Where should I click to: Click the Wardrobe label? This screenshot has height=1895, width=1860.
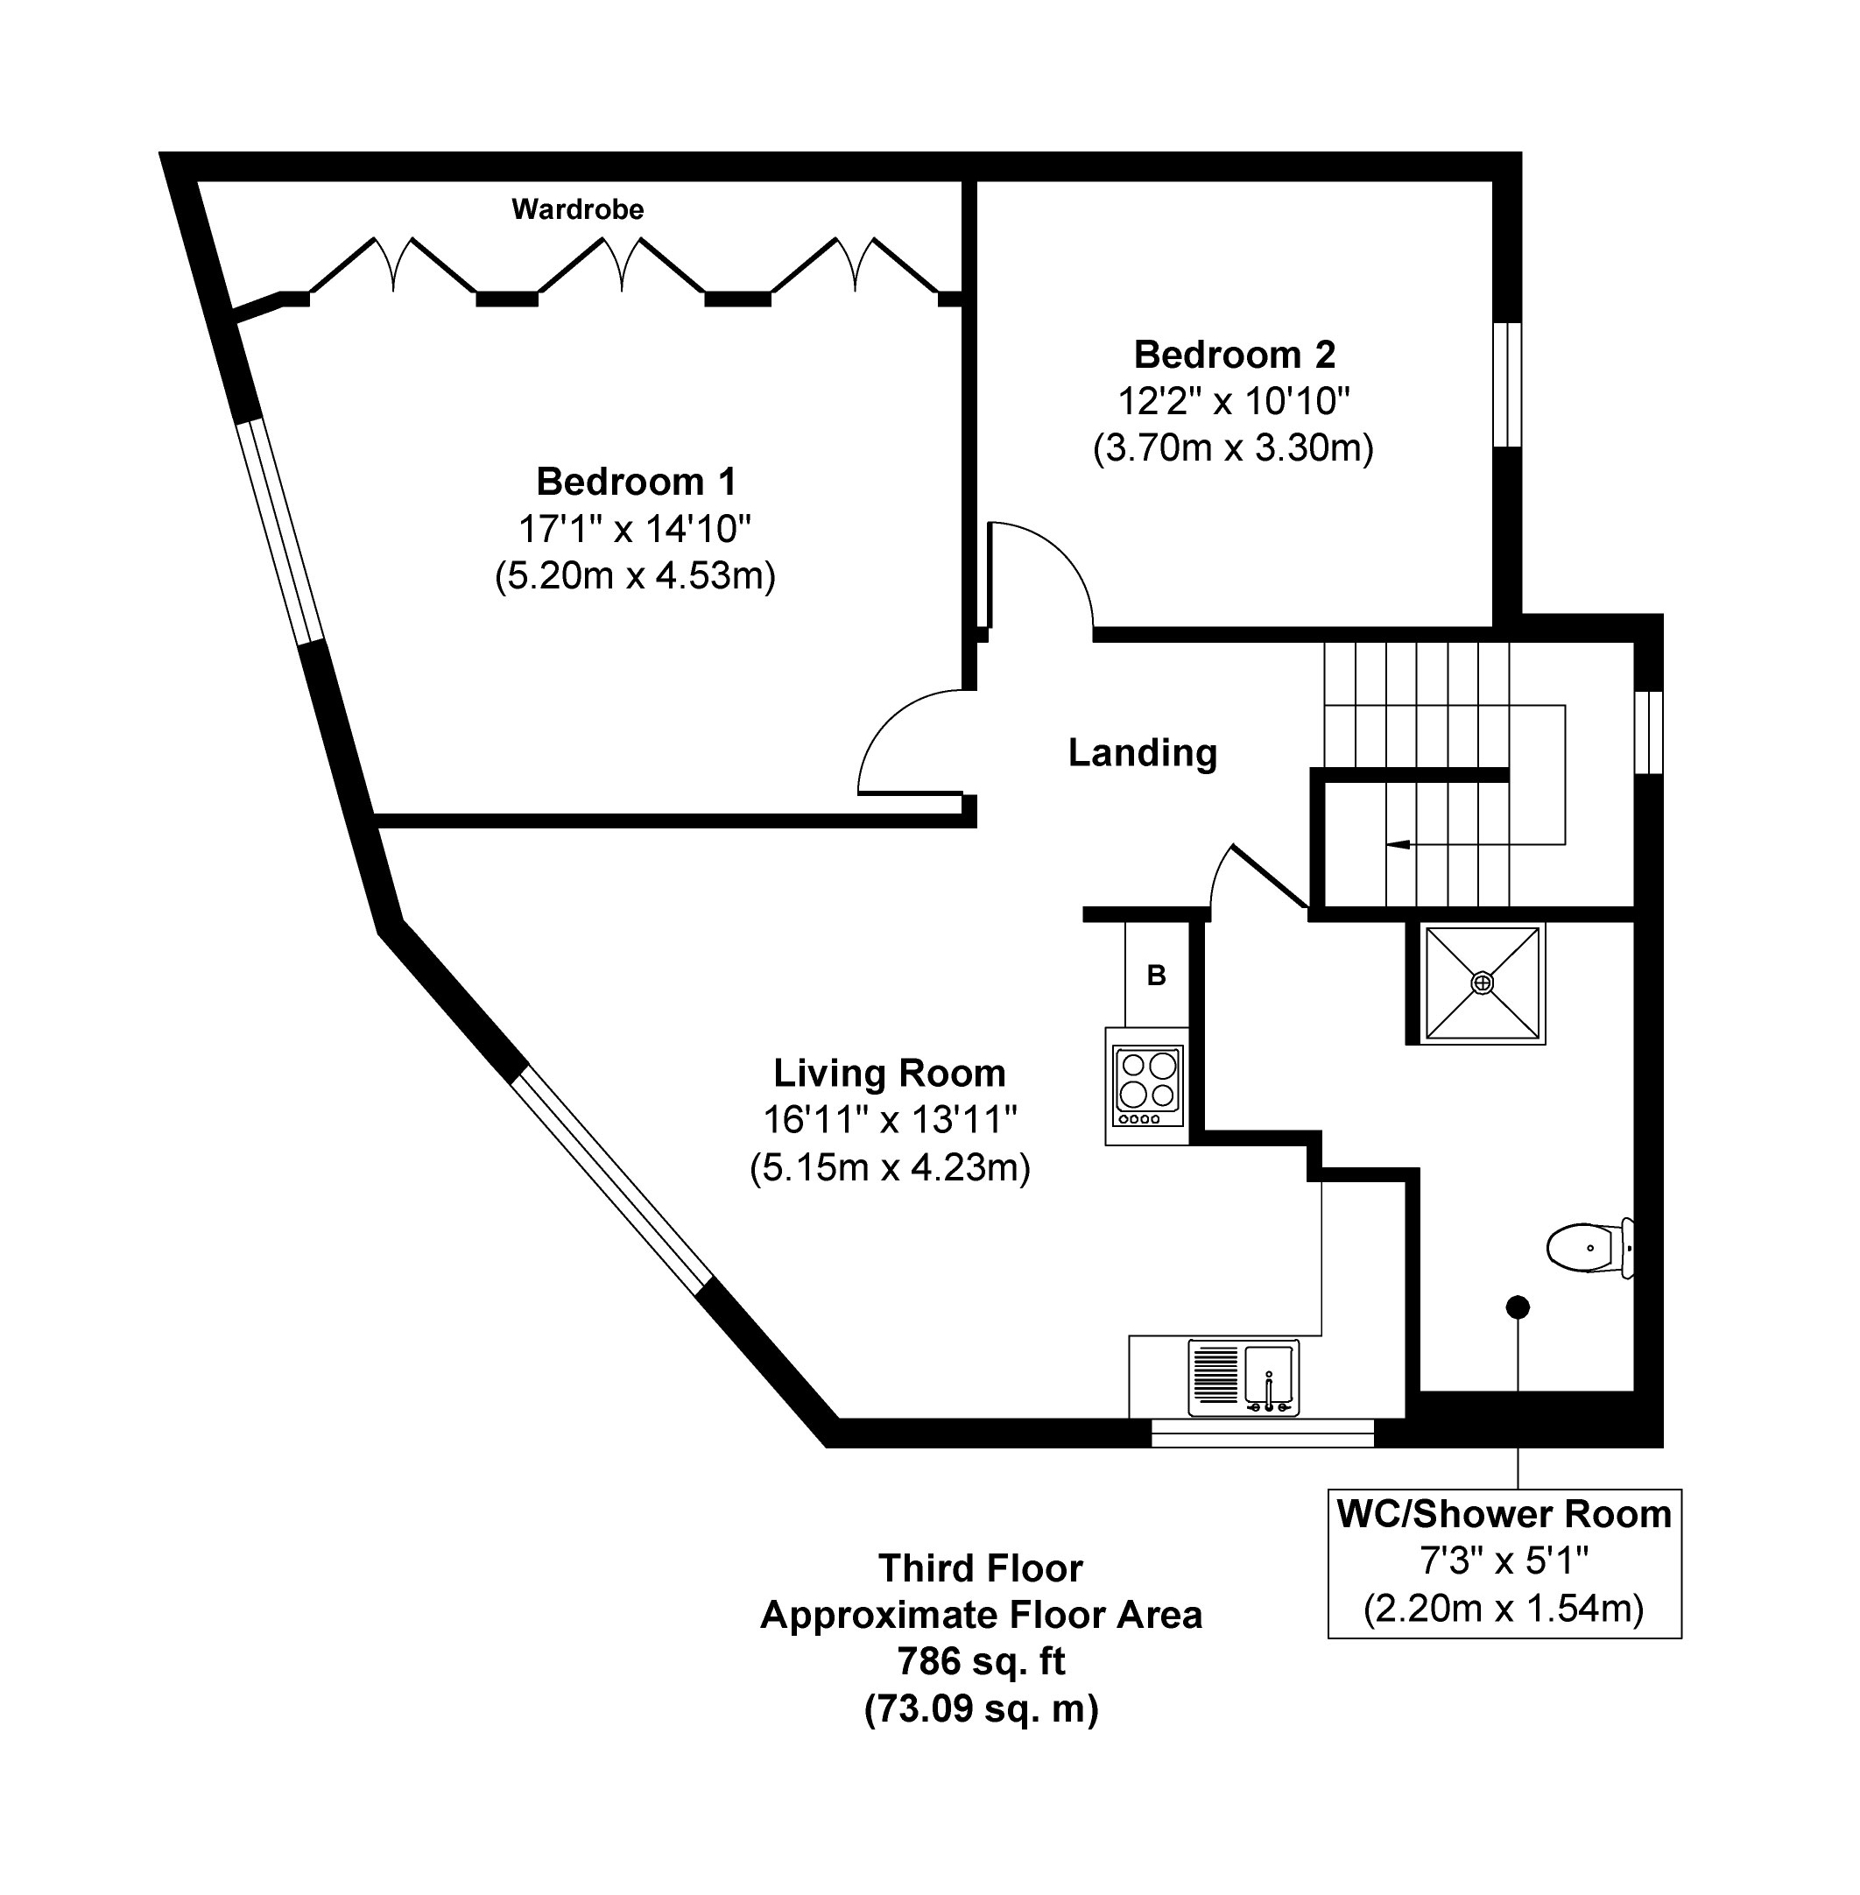click(x=577, y=209)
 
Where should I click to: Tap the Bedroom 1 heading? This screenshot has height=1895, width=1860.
click(x=636, y=482)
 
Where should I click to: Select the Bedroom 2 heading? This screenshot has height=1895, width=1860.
click(x=1234, y=354)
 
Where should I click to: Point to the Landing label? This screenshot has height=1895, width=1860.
click(x=1142, y=753)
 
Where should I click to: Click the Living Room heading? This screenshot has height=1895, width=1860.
click(x=889, y=1073)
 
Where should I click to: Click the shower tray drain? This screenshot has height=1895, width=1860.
click(x=1482, y=983)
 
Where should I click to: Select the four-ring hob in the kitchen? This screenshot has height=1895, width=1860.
click(x=1147, y=1085)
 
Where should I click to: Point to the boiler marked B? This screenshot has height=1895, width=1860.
click(x=1157, y=974)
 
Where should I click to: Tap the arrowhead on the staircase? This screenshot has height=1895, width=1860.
click(x=1397, y=843)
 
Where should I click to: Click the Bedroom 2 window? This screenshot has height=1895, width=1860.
click(x=1508, y=384)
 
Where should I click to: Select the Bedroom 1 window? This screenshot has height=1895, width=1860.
click(x=280, y=532)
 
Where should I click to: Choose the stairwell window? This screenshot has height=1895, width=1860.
click(x=1649, y=733)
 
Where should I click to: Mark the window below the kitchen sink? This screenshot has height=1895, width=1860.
click(x=1262, y=1433)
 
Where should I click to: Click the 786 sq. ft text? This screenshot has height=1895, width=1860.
click(x=981, y=1660)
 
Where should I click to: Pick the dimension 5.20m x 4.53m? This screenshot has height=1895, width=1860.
click(x=635, y=575)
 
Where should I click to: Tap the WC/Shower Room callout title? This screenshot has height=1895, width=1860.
click(x=1504, y=1514)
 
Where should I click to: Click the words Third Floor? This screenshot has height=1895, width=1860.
click(x=981, y=1567)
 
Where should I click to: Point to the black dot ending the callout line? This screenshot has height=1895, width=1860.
click(x=1517, y=1306)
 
